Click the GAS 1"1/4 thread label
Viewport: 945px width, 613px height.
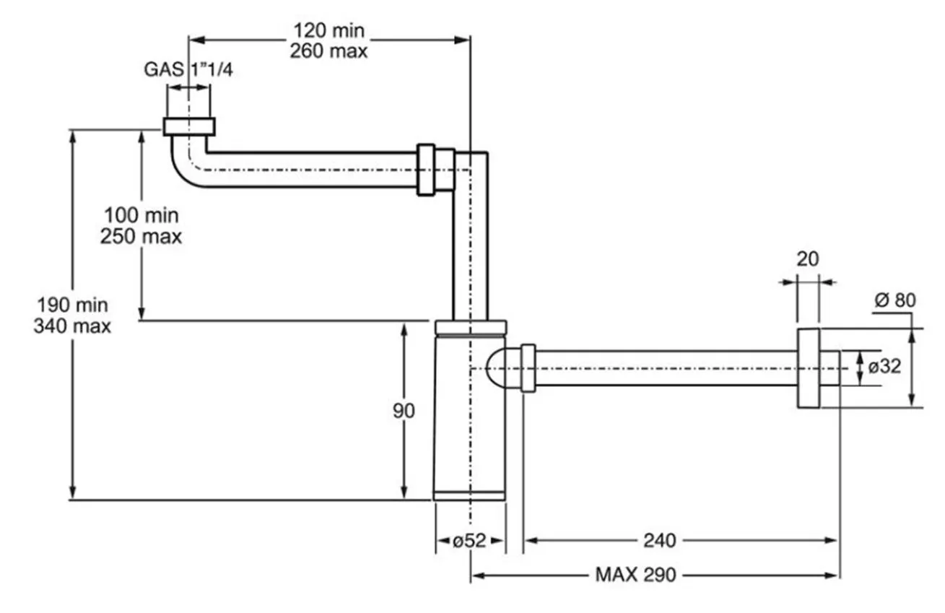188,69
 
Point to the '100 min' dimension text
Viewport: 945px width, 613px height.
141,215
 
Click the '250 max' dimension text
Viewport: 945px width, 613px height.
141,236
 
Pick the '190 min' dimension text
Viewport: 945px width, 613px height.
72,305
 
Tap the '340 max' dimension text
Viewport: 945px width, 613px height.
72,326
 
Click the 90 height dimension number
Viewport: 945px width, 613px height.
404,411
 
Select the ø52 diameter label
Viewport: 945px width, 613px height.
470,540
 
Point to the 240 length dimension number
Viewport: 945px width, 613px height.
658,540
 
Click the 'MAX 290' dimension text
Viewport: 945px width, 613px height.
635,575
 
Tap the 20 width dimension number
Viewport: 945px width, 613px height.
808,258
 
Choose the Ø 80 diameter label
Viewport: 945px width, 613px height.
894,300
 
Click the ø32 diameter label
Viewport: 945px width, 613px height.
885,367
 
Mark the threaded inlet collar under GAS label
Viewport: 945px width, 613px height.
189,126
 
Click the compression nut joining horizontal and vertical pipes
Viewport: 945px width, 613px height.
435,170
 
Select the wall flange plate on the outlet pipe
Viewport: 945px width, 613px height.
809,368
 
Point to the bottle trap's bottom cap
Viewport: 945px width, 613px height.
470,495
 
